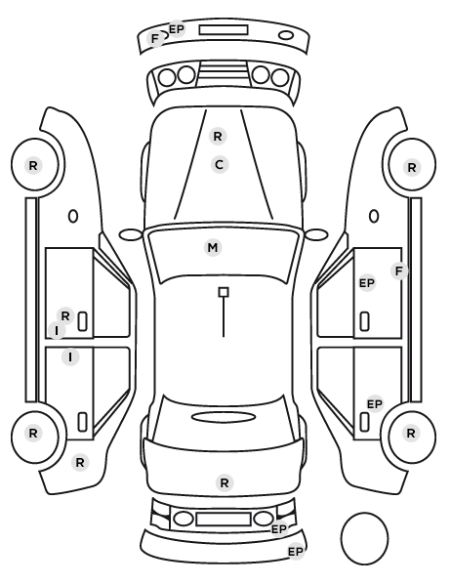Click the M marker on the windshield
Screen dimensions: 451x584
pyautogui.click(x=213, y=248)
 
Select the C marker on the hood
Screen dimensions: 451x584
pyautogui.click(x=220, y=165)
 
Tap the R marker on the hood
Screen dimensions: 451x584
pyautogui.click(x=218, y=137)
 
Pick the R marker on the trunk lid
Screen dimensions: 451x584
pyautogui.click(x=225, y=483)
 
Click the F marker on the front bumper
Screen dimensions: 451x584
pyautogui.click(x=155, y=38)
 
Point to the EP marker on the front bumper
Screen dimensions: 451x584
pyautogui.click(x=177, y=28)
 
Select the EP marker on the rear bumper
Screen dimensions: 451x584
pyautogui.click(x=296, y=551)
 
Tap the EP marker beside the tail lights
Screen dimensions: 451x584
pyautogui.click(x=279, y=529)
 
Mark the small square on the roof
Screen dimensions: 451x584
pyautogui.click(x=224, y=292)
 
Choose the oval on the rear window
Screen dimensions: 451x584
pyautogui.click(x=224, y=418)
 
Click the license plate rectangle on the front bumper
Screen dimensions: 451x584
pyautogui.click(x=224, y=30)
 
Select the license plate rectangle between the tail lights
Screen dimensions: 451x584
pyautogui.click(x=224, y=520)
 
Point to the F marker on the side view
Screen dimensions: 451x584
pyautogui.click(x=399, y=271)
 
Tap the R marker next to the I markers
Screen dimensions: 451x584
pyautogui.click(x=65, y=316)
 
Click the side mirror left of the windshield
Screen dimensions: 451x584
pyautogui.click(x=131, y=235)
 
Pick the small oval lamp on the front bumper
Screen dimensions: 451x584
pyautogui.click(x=286, y=35)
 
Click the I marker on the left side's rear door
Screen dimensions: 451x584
pyautogui.click(x=70, y=357)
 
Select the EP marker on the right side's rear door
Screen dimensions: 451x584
pyautogui.click(x=375, y=404)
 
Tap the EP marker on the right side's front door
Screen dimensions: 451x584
pyautogui.click(x=367, y=283)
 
